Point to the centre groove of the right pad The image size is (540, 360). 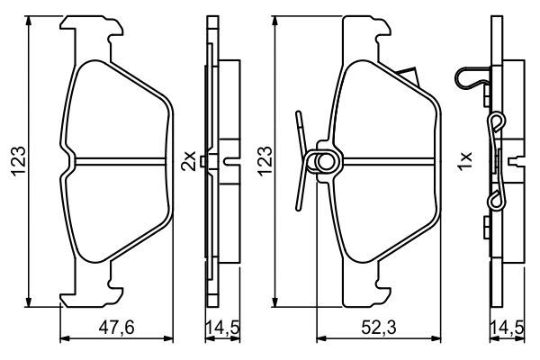tap(387, 163)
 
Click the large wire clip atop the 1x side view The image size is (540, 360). tap(473, 79)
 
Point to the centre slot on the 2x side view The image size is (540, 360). tap(230, 163)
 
